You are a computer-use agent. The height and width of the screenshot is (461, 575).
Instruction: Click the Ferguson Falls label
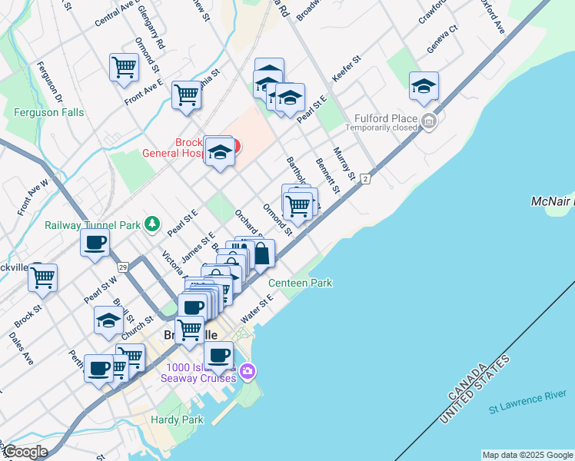coord(49,112)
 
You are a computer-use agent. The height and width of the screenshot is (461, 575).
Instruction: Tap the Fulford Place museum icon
coord(429,121)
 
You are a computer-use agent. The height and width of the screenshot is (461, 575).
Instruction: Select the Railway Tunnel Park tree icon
coord(152,224)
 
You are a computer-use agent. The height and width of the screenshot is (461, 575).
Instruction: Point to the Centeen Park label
coord(300,283)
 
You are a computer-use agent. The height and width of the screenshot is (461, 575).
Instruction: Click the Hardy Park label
coord(177,420)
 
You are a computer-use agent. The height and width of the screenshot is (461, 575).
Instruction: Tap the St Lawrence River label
coord(530,403)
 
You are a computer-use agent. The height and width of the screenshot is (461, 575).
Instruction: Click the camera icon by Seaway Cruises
coord(248,372)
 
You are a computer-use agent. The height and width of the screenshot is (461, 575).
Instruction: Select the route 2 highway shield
coord(366,179)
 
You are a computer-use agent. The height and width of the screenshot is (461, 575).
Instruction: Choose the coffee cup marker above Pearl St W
coord(95,243)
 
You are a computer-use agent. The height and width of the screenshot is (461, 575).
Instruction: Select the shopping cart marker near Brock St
coord(43,277)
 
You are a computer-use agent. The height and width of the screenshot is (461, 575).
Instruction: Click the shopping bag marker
coord(261,254)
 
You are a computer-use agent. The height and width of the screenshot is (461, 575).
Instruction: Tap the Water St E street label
coord(257,310)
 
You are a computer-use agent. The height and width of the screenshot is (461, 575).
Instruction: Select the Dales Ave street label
coord(22,347)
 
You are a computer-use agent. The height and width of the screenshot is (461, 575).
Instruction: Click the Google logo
coord(26,452)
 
